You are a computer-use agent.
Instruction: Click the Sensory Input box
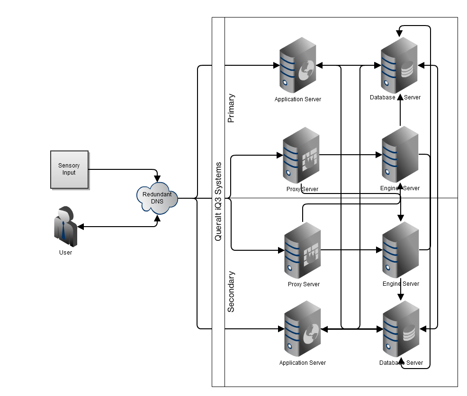tap(69, 169)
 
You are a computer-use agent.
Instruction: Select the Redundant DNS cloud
tap(157, 198)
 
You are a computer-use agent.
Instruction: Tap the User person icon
tap(65, 226)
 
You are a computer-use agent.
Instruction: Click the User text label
tap(65, 253)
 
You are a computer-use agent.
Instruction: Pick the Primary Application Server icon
tap(297, 65)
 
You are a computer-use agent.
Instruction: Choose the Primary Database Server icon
tap(399, 65)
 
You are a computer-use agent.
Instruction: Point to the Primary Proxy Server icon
tap(301, 155)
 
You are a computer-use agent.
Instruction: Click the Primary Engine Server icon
tap(400, 154)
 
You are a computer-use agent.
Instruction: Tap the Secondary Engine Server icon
tap(401, 249)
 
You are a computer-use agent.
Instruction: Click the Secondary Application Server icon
tap(302, 328)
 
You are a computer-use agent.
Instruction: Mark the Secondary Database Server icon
tap(401, 328)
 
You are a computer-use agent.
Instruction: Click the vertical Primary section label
tap(231, 108)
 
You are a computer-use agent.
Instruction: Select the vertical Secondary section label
tap(231, 291)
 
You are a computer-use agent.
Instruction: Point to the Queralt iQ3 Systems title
tap(218, 202)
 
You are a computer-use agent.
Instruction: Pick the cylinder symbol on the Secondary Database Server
tap(408, 334)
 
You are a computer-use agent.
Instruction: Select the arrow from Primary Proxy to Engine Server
tap(350, 154)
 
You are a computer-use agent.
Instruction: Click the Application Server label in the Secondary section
tap(303, 363)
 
